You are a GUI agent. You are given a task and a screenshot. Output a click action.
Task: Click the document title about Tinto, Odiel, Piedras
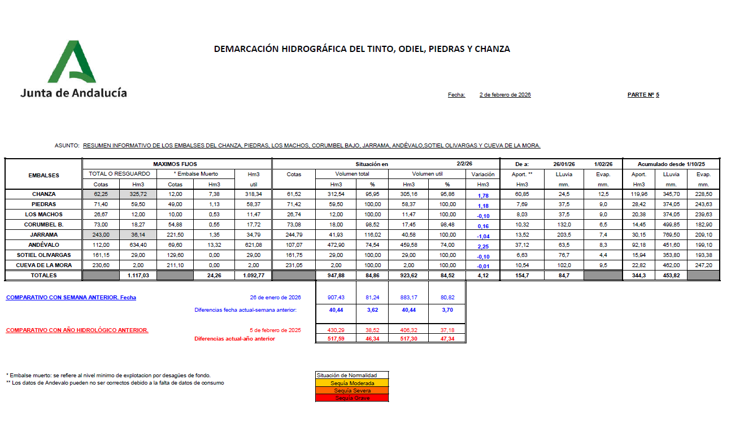(362, 49)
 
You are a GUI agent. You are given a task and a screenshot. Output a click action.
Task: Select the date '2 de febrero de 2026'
(504, 95)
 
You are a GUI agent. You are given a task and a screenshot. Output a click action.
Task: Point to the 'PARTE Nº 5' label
(643, 95)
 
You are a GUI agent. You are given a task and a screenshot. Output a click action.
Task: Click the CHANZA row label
(43, 194)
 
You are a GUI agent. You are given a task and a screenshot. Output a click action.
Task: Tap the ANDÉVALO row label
(43, 245)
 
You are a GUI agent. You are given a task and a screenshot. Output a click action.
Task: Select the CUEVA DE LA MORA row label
(43, 265)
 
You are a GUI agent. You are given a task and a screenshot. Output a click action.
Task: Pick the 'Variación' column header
(483, 175)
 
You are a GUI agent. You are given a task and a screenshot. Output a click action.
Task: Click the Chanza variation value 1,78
(483, 195)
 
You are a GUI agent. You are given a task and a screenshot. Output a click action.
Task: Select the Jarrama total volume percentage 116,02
(371, 235)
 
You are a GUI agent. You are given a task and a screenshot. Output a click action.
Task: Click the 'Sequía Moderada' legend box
(353, 383)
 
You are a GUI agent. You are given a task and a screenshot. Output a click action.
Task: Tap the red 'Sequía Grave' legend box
(353, 398)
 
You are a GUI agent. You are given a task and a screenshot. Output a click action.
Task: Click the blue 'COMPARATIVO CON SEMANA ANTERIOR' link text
(71, 298)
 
